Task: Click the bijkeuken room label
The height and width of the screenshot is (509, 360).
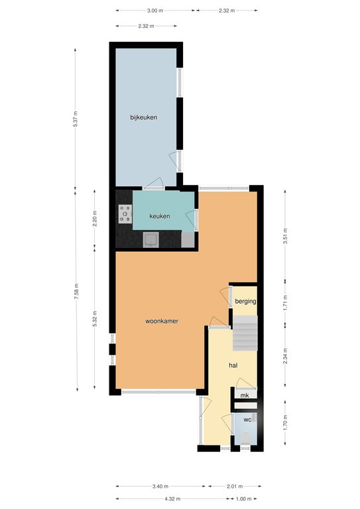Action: click(x=143, y=117)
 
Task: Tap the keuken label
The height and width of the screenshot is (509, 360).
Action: click(x=160, y=216)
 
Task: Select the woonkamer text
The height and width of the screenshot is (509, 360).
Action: click(x=162, y=321)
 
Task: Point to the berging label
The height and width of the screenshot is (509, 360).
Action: click(x=245, y=302)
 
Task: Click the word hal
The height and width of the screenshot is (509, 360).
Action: click(x=233, y=366)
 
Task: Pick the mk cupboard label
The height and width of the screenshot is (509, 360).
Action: click(x=245, y=396)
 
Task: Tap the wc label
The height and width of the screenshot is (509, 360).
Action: click(x=247, y=420)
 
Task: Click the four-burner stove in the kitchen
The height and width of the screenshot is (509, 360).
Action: click(x=125, y=214)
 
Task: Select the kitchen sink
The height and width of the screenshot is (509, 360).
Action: click(x=151, y=240)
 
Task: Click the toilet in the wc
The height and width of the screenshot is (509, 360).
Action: click(x=246, y=439)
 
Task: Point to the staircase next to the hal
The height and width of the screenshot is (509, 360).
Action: click(x=245, y=333)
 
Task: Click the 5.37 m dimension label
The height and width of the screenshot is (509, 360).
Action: click(x=76, y=119)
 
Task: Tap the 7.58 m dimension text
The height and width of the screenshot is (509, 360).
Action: click(x=76, y=292)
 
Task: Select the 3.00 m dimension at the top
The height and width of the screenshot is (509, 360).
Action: click(x=155, y=11)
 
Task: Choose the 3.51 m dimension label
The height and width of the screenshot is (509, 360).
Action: click(x=285, y=236)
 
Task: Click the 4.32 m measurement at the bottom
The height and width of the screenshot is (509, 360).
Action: click(x=172, y=498)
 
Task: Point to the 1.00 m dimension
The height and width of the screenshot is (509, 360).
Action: click(x=243, y=498)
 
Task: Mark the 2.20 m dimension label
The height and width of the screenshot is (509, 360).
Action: click(x=95, y=219)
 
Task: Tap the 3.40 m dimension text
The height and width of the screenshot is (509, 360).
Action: click(x=160, y=486)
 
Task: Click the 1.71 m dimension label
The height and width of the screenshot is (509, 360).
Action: click(x=285, y=302)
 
